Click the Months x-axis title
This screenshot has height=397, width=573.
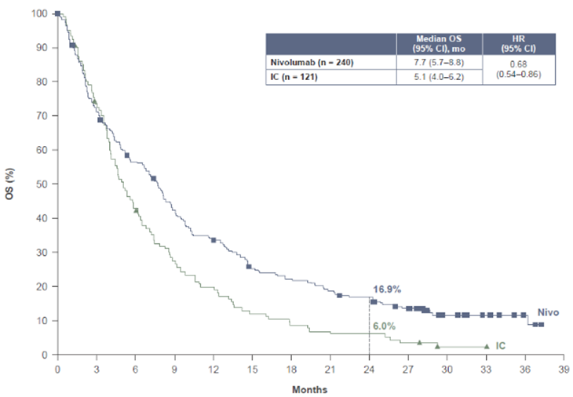click(x=309, y=389)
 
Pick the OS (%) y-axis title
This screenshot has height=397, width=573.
click(x=10, y=184)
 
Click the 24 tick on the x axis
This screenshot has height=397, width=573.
click(x=369, y=367)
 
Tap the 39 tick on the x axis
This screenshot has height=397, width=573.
click(x=564, y=367)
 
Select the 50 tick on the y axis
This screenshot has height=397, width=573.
click(x=39, y=184)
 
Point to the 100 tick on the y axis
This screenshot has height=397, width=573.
click(x=37, y=13)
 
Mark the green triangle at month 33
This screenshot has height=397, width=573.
click(x=487, y=346)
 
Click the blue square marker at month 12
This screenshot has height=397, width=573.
click(x=214, y=240)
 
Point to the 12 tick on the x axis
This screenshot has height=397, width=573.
click(x=214, y=367)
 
